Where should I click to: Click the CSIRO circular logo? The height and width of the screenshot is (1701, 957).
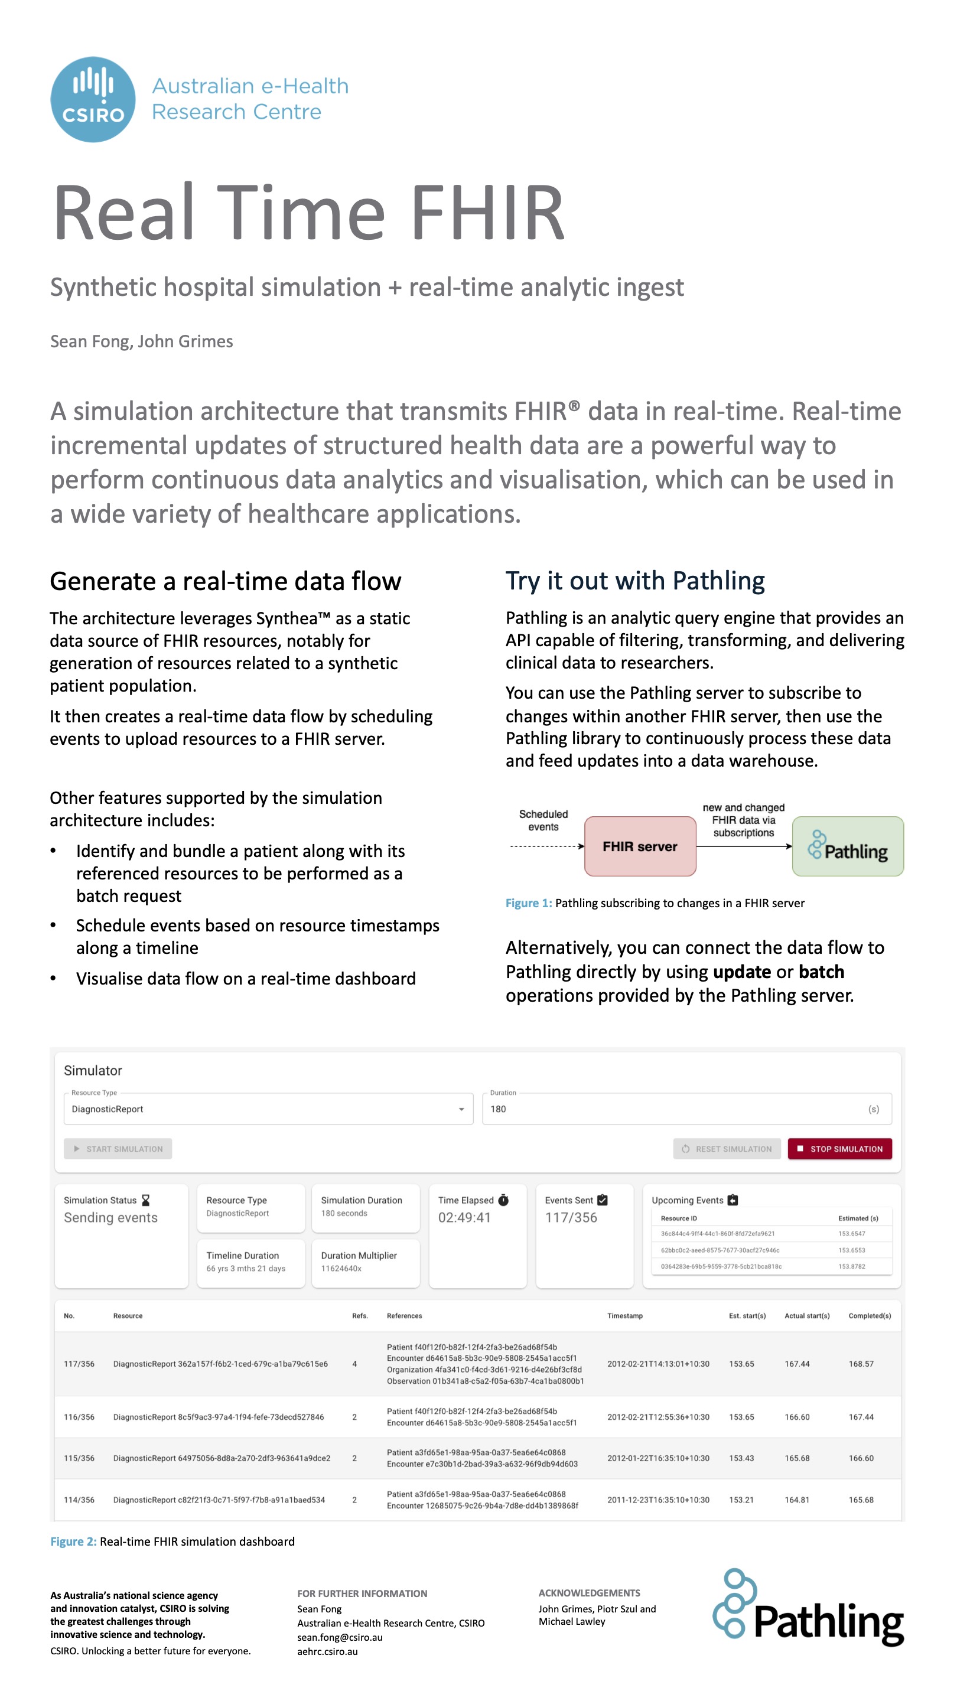pos(93,99)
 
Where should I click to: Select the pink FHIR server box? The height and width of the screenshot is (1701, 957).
pos(639,846)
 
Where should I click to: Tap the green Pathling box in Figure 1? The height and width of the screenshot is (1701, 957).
pos(847,846)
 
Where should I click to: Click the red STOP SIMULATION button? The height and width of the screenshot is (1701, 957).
pos(839,1148)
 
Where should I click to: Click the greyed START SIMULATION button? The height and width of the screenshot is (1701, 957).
pos(118,1148)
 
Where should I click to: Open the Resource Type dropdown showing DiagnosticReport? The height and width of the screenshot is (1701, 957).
pos(268,1109)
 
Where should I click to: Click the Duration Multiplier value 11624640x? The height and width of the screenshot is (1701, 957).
pos(341,1269)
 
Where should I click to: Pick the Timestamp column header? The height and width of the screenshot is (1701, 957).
pos(625,1315)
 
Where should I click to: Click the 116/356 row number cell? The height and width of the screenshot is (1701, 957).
pos(79,1417)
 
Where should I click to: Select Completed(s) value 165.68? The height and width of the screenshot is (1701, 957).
pos(861,1500)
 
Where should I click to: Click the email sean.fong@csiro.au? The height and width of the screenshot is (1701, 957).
pos(340,1637)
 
